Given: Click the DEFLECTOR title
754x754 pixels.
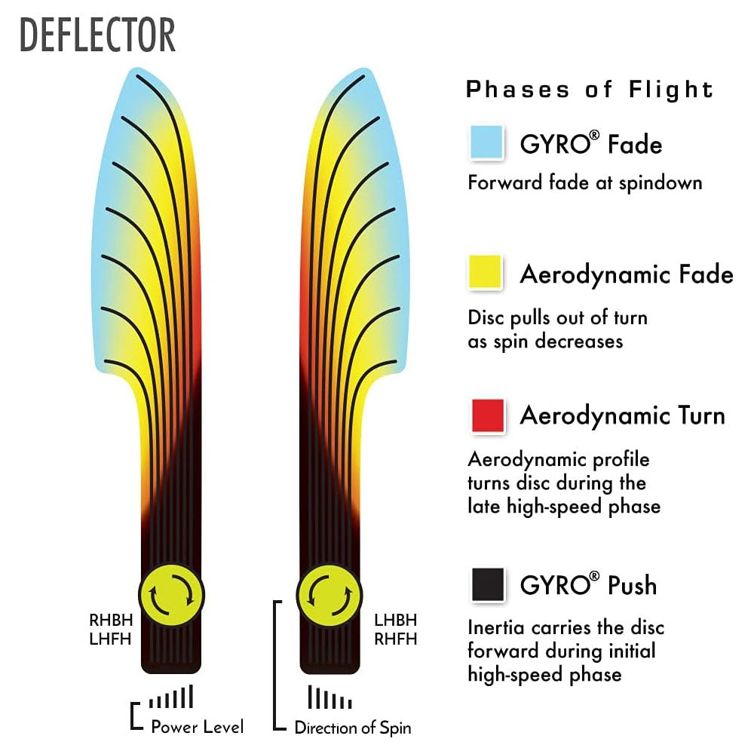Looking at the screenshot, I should click(97, 35).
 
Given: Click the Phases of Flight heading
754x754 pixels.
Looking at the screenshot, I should click(590, 90).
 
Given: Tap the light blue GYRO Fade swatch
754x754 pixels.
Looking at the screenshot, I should click(486, 143).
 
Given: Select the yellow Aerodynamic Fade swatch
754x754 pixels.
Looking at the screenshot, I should click(486, 273).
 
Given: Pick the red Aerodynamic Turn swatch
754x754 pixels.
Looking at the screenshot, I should click(487, 415).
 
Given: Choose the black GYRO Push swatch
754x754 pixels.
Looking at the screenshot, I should click(487, 584).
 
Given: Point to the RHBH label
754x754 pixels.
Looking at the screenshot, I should click(111, 621).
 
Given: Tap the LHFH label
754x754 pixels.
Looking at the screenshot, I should click(111, 639).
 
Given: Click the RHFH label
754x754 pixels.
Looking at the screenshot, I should click(395, 639).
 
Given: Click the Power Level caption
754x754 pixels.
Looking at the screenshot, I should click(198, 728).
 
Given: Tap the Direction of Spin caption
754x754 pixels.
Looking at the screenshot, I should click(353, 728).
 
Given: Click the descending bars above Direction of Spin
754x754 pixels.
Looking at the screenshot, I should click(329, 697).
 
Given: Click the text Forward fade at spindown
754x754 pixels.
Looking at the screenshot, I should click(584, 182).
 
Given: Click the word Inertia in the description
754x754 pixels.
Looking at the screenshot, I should click(495, 627).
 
